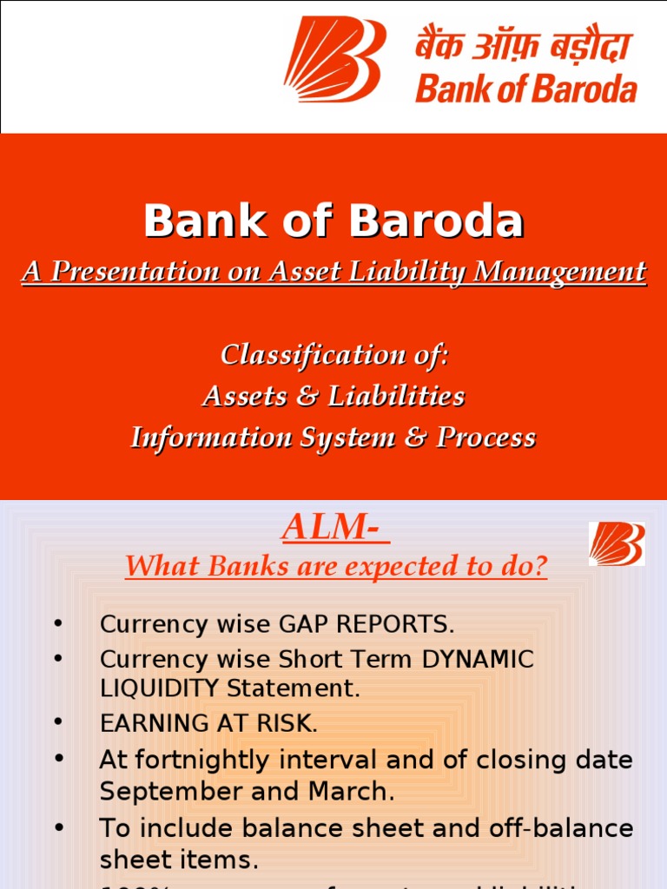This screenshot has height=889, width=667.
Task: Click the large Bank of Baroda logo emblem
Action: tap(334, 59)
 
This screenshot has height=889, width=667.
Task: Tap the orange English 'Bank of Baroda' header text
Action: tap(525, 89)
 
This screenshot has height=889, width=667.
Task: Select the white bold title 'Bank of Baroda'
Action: tap(333, 221)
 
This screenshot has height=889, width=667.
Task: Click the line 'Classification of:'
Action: tap(333, 354)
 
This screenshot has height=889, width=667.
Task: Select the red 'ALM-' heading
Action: tap(335, 528)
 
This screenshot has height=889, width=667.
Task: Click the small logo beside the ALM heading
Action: tap(617, 544)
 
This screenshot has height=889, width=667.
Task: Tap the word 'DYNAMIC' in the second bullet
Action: tap(478, 659)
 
